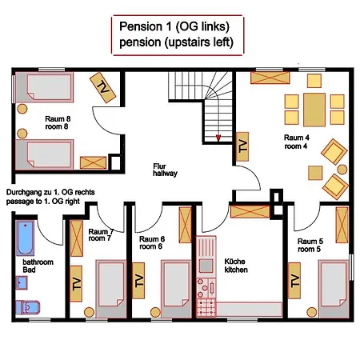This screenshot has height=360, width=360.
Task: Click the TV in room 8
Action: (x=102, y=87)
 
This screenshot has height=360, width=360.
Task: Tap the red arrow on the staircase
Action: (x=218, y=138)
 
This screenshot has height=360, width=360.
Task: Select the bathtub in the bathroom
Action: (x=25, y=238)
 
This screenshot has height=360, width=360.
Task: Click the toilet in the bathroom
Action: (x=28, y=307)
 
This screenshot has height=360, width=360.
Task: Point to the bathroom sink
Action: (x=22, y=282)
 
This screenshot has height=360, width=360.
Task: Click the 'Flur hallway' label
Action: (x=165, y=170)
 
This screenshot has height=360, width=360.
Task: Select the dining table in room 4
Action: (x=314, y=110)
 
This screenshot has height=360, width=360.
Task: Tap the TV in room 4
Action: (x=242, y=146)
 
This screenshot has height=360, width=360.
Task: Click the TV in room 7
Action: (x=76, y=283)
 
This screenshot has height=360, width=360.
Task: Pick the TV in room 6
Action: (x=138, y=281)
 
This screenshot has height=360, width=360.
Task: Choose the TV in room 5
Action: (x=294, y=281)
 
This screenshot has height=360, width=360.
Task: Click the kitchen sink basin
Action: (x=206, y=266)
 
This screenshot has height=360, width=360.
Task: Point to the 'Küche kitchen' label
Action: (x=236, y=266)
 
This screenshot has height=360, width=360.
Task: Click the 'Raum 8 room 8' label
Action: (x=58, y=122)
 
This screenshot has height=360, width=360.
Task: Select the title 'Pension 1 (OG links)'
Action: (x=174, y=26)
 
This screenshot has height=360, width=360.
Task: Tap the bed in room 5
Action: (x=334, y=289)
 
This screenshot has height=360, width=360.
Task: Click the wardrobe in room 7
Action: (x=77, y=238)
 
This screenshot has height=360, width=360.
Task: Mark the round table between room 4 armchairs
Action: (x=342, y=170)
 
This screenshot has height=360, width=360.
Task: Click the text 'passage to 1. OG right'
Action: (x=43, y=202)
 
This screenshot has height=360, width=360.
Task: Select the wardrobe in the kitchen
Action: (x=250, y=212)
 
